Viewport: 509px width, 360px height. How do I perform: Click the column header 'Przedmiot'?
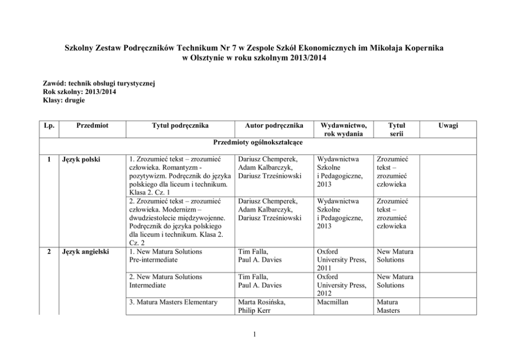tap(93, 126)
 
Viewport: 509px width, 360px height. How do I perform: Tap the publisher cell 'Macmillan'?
tap(334, 302)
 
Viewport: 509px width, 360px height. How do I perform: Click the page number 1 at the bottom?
tap(254, 336)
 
